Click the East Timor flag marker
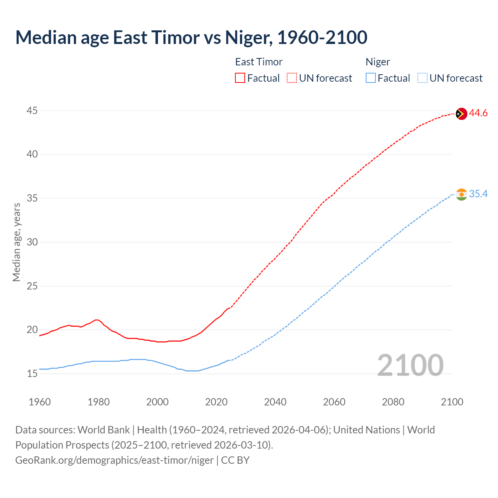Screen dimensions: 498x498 (x=461, y=114)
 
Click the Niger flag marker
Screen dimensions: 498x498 (x=461, y=194)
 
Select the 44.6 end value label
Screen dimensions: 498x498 (x=478, y=113)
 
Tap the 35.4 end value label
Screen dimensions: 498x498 (x=478, y=194)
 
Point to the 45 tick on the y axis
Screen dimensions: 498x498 (x=32, y=111)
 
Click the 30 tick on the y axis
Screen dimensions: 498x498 (x=32, y=242)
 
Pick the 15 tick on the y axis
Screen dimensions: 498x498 (x=32, y=373)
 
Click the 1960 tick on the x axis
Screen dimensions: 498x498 (x=40, y=402)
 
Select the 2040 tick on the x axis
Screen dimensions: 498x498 (x=275, y=402)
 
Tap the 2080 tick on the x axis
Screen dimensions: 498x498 (x=393, y=402)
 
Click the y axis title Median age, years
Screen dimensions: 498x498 (x=16, y=242)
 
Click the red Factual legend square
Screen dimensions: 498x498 (x=240, y=78)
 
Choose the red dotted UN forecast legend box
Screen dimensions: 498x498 (x=292, y=78)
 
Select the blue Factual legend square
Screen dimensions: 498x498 (x=370, y=78)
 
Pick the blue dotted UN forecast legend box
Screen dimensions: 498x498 (x=422, y=78)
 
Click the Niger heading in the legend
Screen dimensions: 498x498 (x=377, y=62)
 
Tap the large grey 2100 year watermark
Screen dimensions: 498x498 (x=410, y=365)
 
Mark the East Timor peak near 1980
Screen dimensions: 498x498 (x=96, y=320)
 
